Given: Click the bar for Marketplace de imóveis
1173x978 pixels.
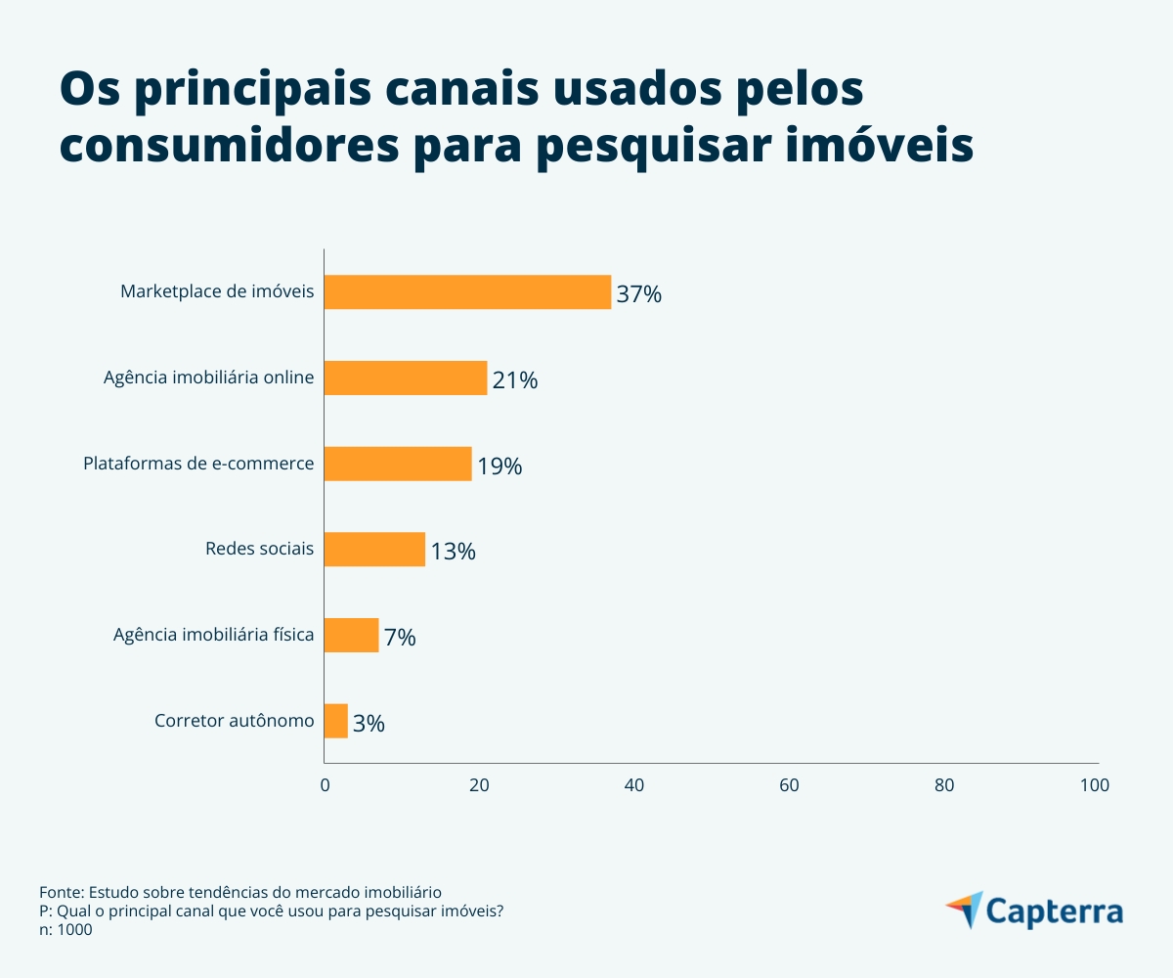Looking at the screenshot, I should (x=467, y=292).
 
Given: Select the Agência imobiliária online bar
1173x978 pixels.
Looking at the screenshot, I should (x=405, y=378).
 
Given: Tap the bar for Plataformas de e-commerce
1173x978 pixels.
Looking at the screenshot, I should (x=397, y=464).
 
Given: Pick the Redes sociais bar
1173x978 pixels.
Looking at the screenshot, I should (x=374, y=550).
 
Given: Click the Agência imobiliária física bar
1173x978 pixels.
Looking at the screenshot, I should (x=351, y=636).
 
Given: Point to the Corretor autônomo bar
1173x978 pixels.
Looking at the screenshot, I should (x=335, y=721).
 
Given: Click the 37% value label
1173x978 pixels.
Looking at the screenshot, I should (x=639, y=293).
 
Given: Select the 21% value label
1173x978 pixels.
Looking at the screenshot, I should (x=515, y=379).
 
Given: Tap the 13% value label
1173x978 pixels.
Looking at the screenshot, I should (x=453, y=551).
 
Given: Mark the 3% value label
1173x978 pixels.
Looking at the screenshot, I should (x=369, y=723).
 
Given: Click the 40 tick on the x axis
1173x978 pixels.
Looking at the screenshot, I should (x=633, y=784).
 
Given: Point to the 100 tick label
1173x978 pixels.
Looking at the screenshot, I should (x=1094, y=784).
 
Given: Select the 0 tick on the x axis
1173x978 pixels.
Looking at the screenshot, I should (x=325, y=784).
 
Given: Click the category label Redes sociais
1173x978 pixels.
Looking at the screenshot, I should (x=259, y=549).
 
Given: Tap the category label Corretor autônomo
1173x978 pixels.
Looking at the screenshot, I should (x=235, y=721).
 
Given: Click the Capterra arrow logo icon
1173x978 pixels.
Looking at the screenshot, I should (x=965, y=910).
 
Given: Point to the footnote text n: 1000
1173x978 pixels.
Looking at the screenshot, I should (x=65, y=930).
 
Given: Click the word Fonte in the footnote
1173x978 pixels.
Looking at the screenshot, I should (x=61, y=892).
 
